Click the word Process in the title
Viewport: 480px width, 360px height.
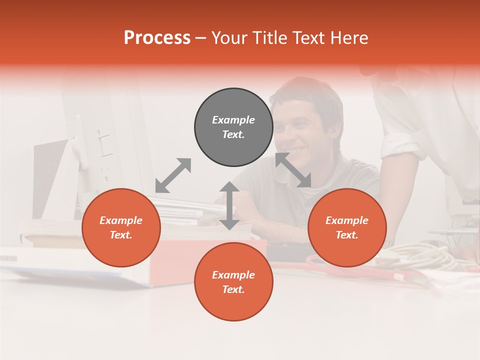pos(157,38)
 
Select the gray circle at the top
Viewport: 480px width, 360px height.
pos(233,127)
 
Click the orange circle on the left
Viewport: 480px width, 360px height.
pos(121,227)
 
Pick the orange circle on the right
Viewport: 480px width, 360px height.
pos(347,227)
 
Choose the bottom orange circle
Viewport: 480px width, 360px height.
pos(233,282)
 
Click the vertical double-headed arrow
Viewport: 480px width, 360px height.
pos(229,205)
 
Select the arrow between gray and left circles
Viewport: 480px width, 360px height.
pos(173,175)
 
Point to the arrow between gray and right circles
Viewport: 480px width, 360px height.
pos(293,170)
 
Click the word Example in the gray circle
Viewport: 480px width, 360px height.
pos(233,120)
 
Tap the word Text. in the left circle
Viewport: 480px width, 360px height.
pos(121,235)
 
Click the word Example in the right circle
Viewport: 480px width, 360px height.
pos(347,220)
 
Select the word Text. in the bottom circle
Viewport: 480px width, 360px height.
pos(233,289)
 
